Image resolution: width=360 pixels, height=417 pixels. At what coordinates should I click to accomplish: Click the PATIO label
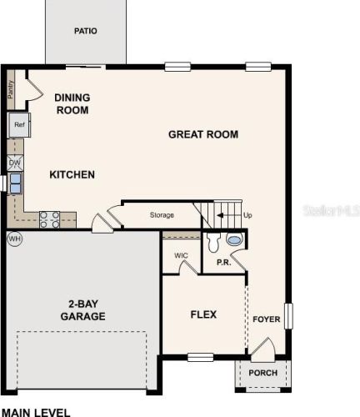coord(86,31)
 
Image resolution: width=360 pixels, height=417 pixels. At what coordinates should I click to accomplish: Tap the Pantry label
coord(10,89)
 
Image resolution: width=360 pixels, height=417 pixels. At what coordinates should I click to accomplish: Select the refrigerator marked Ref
coord(19,125)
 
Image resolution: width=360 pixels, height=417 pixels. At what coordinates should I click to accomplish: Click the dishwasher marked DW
coord(15,163)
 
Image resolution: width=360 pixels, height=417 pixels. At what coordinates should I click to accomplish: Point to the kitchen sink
coord(16,183)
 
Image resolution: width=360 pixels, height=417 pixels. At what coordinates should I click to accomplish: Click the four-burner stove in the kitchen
coord(49,219)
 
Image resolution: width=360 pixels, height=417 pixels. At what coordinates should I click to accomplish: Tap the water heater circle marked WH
coord(14,239)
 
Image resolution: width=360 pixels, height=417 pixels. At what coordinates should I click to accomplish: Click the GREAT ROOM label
coord(203,134)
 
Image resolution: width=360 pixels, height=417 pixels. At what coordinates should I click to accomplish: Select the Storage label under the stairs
coord(162,215)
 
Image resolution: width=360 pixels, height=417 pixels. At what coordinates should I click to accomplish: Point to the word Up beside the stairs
coord(247,215)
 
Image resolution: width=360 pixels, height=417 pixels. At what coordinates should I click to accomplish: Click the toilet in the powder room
coord(213,242)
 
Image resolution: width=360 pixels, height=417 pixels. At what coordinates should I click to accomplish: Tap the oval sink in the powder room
coord(234,239)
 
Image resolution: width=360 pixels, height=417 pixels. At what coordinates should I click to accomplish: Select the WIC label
coord(181,255)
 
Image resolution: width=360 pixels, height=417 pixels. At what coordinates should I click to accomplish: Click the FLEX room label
coord(203,314)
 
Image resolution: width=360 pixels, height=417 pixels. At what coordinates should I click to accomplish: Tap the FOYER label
coord(267,319)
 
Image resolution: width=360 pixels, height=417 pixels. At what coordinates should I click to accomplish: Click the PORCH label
coord(262,373)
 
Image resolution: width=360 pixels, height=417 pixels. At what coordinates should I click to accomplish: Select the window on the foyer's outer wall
coord(288,316)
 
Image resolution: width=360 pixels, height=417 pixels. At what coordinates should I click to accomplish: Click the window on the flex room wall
coord(201,357)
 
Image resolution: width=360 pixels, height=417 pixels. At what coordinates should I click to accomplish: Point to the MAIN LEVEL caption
coord(36,412)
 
